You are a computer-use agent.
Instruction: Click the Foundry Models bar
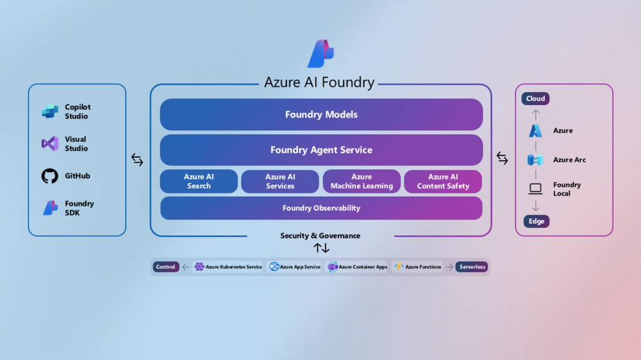point(321,115)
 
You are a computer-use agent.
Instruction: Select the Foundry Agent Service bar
point(321,150)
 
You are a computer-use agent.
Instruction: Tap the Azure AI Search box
point(199,181)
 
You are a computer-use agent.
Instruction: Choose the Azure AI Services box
point(280,181)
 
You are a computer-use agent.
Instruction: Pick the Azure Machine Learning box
point(362,181)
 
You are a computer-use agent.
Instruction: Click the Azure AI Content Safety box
point(443,181)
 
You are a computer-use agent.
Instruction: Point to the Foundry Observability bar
point(321,208)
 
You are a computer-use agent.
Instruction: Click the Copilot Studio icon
point(50,111)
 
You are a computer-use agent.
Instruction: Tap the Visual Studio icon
point(50,143)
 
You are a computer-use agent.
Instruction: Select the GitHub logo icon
point(50,176)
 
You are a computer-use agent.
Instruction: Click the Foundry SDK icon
point(50,208)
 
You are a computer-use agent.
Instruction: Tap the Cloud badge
point(535,99)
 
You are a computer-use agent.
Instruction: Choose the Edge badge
point(536,222)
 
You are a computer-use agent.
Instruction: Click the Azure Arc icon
point(535,160)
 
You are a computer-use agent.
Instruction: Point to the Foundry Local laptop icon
point(535,189)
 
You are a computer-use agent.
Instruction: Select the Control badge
point(165,267)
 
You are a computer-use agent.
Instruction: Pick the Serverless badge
point(472,267)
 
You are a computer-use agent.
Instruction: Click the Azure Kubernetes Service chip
point(228,267)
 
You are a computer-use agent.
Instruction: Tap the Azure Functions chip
point(418,267)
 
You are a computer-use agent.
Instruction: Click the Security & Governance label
point(320,236)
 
